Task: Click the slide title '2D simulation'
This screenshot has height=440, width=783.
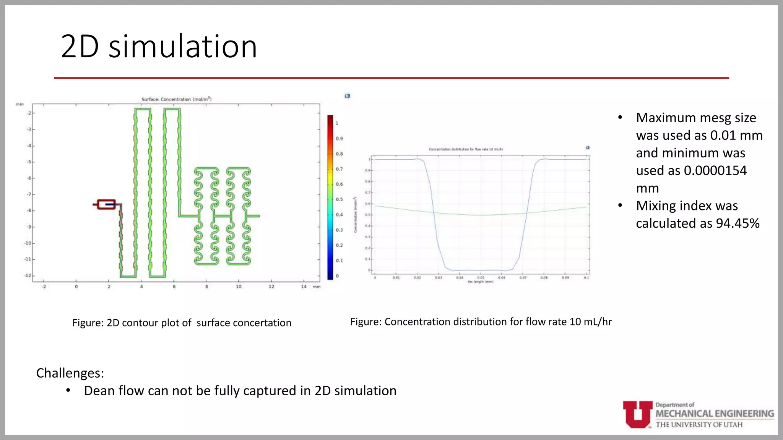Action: (x=159, y=46)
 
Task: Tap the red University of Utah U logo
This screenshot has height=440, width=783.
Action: (x=637, y=414)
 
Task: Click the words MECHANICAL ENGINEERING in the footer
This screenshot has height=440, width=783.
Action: (x=715, y=414)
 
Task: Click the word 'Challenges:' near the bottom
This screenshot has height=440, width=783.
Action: (x=70, y=373)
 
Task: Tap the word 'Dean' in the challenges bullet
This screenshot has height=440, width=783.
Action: (x=99, y=391)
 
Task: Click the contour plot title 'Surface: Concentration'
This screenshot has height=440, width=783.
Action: (x=176, y=99)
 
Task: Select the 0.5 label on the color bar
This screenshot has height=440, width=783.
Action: (x=339, y=199)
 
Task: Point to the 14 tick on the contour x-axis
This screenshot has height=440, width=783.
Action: (x=304, y=286)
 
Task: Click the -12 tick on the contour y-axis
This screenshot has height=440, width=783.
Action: (x=28, y=275)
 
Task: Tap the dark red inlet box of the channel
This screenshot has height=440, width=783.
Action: (x=106, y=204)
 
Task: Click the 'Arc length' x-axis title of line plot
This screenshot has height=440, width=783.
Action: (x=480, y=282)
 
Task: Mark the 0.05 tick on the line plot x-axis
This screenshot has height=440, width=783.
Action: (x=481, y=278)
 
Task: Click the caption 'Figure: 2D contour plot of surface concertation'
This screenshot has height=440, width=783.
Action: (x=182, y=323)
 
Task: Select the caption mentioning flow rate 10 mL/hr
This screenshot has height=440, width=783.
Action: (x=481, y=322)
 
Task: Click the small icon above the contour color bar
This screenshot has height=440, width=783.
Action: (x=347, y=96)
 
